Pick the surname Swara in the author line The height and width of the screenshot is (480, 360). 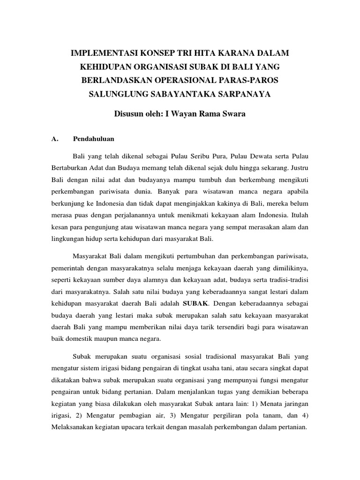tap(233, 114)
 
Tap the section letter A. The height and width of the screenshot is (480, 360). tap(53, 139)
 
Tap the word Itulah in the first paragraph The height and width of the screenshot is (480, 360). tap(298, 217)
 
